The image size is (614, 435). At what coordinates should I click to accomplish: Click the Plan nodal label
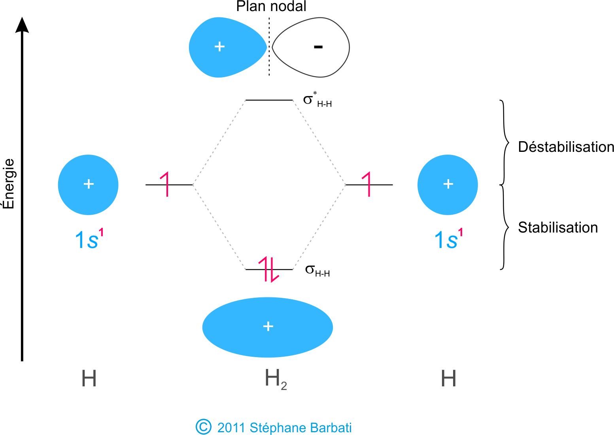coord(271,7)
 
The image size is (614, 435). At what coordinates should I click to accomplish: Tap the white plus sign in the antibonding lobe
coord(219,47)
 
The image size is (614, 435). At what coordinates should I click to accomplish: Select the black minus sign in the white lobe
coord(318,47)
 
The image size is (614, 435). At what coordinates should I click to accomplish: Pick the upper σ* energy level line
coord(269,100)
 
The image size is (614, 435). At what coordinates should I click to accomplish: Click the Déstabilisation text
coord(566,147)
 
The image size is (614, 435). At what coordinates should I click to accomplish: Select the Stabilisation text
coord(557,228)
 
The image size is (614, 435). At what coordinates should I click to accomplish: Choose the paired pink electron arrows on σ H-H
coord(269,269)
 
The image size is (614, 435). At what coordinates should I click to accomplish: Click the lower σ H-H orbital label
coord(317,271)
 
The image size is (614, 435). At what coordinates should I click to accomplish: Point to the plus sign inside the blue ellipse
coord(268,326)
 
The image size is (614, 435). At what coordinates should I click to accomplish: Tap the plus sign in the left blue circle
coord(89,184)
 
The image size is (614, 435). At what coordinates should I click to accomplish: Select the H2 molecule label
coord(275,379)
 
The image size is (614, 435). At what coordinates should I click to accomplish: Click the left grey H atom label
coord(89,379)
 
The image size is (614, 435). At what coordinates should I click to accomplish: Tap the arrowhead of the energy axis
coord(22,25)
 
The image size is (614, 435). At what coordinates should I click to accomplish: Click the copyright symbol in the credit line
coord(204,427)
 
